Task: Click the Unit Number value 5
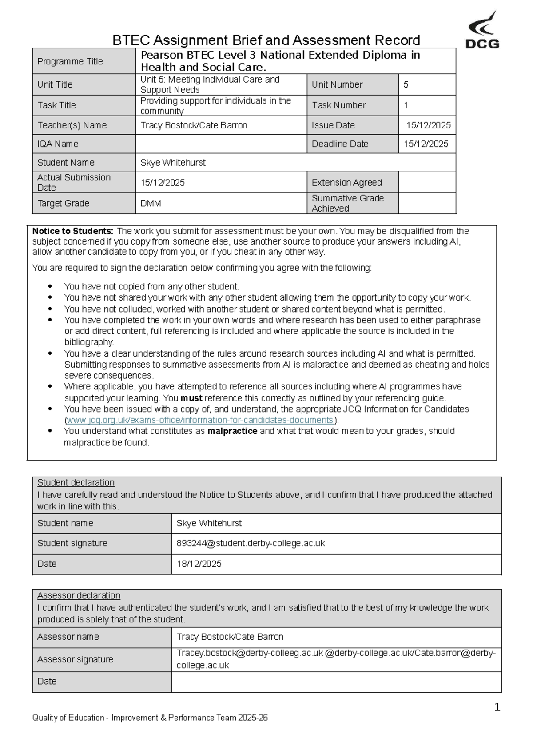(406, 84)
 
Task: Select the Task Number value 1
(406, 105)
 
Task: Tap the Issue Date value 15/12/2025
(428, 125)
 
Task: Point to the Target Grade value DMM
(151, 204)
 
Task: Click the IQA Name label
(58, 144)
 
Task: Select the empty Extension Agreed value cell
(427, 183)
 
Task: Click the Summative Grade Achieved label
(347, 203)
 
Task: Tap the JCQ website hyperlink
(200, 420)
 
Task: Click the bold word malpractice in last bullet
(232, 431)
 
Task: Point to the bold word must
(191, 398)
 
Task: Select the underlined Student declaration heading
(76, 483)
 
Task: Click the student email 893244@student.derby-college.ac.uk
(251, 543)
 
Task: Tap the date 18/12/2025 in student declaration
(199, 564)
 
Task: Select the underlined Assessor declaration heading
(79, 596)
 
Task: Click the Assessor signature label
(75, 659)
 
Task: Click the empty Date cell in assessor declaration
(336, 682)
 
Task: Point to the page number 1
(497, 707)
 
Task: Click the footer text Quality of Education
(68, 718)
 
